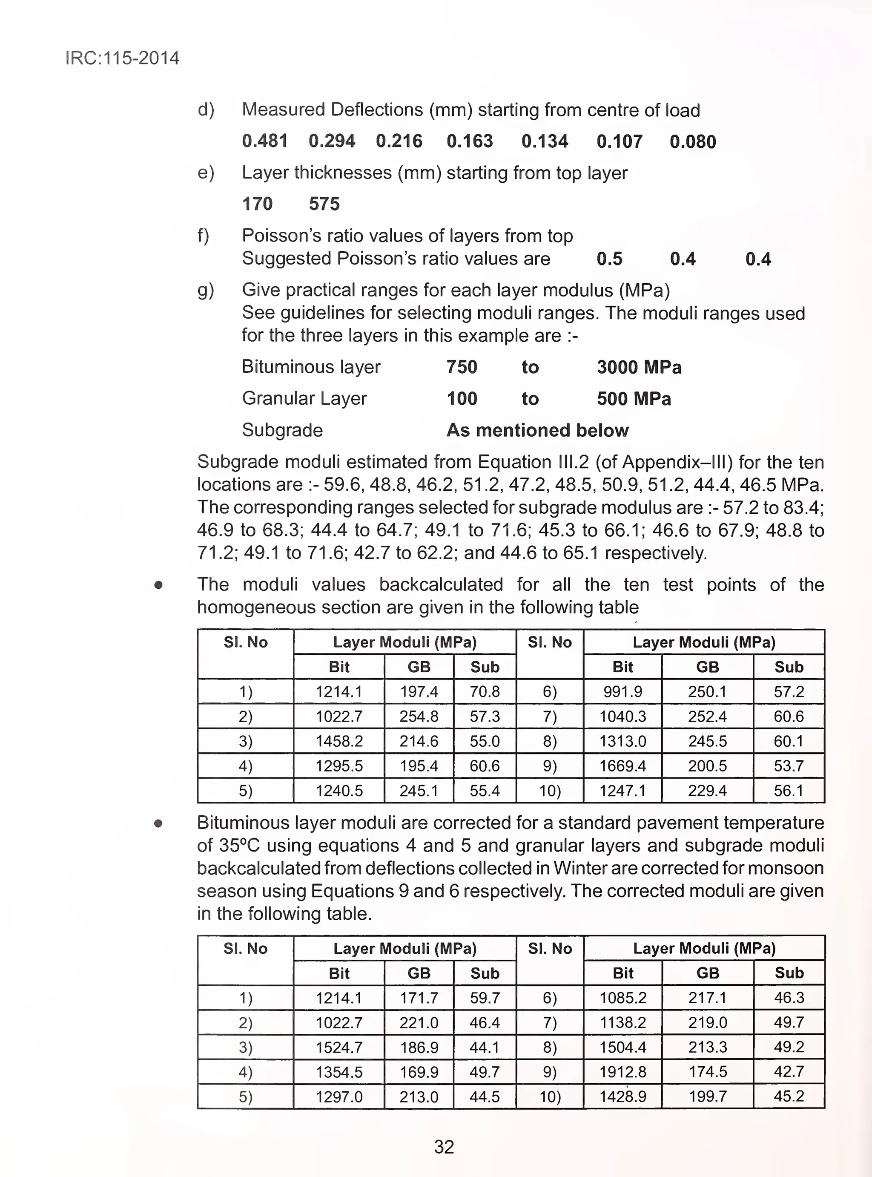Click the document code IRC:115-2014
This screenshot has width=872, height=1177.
point(122,58)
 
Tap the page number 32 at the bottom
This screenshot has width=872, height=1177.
point(443,1146)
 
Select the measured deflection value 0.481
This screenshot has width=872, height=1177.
point(264,141)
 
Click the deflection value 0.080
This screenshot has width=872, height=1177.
point(692,141)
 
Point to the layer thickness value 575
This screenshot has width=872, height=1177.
point(324,204)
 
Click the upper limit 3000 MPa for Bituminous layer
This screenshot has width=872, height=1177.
point(639,367)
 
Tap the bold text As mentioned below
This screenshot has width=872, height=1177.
point(537,430)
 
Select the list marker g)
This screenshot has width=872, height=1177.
point(205,290)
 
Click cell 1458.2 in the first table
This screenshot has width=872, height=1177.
point(339,741)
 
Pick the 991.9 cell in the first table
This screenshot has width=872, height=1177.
point(622,691)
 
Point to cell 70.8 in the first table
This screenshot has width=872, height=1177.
point(484,691)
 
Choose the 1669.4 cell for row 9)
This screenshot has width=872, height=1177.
point(622,765)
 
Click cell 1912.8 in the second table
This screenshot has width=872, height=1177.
point(622,1071)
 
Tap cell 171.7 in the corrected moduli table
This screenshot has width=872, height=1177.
point(419,998)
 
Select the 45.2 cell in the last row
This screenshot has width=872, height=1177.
point(789,1096)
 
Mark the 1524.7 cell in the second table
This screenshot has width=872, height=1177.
point(339,1047)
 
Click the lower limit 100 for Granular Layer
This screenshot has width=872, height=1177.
point(462,398)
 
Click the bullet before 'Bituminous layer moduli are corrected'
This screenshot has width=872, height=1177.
point(158,823)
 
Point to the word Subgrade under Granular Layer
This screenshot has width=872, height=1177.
point(282,430)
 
